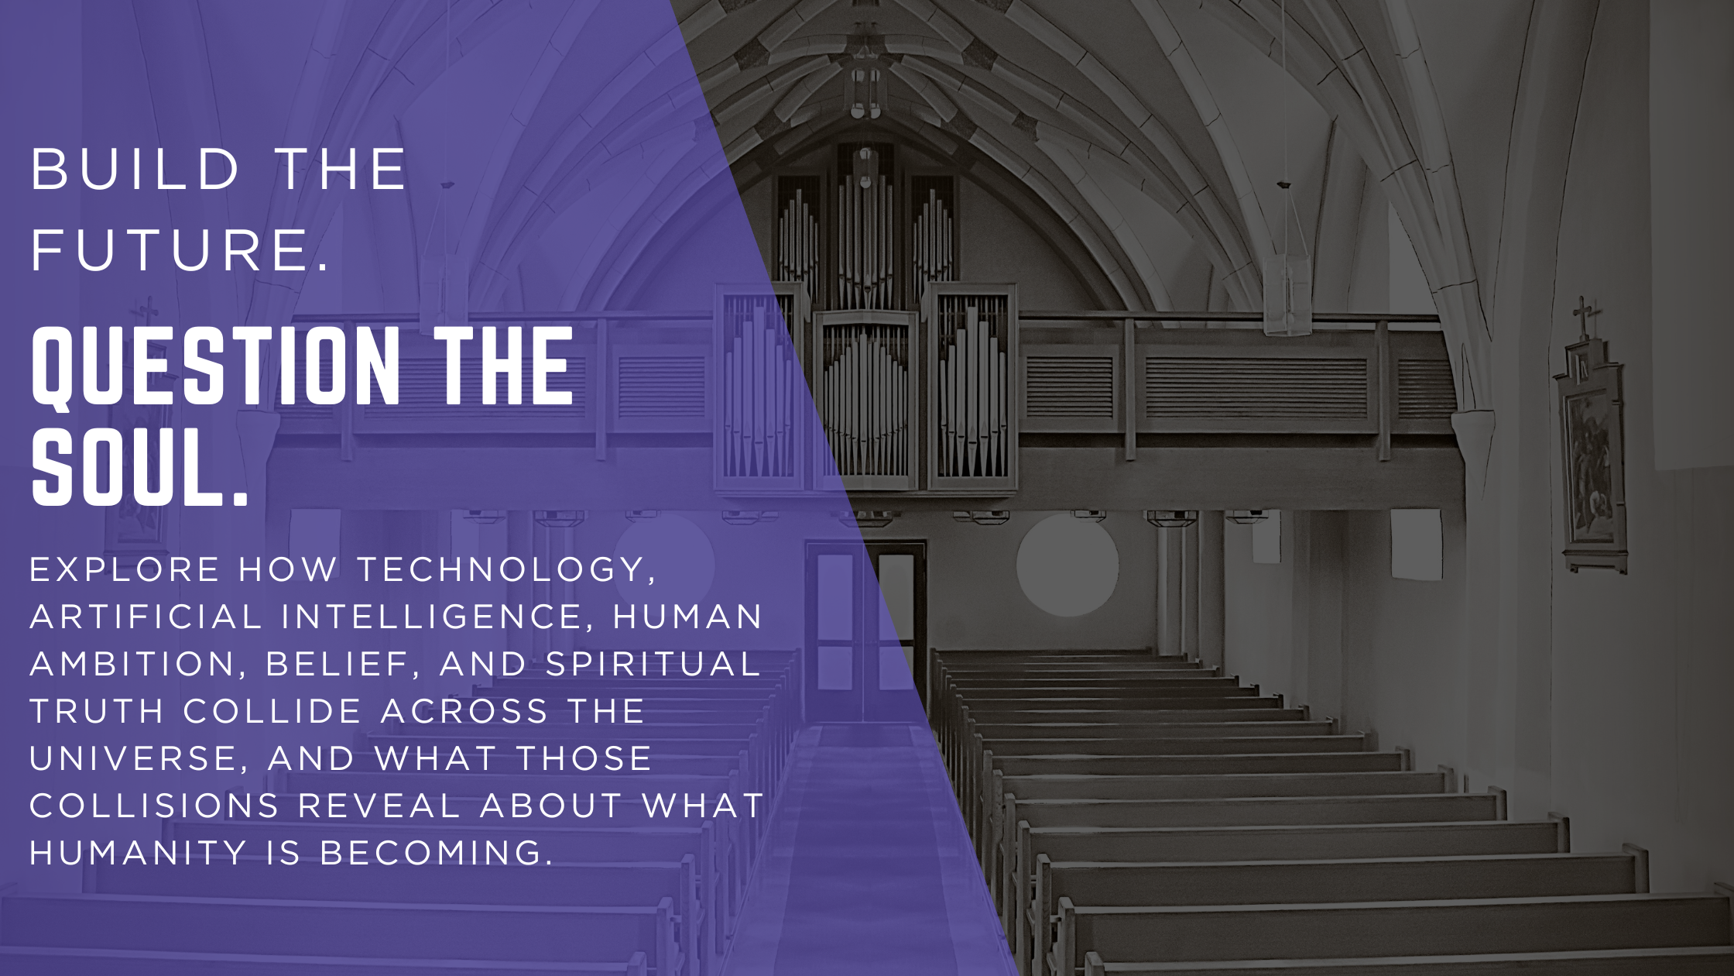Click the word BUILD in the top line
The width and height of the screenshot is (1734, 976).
(x=135, y=169)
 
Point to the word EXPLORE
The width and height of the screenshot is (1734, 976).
(x=125, y=569)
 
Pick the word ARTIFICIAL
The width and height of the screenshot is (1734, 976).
(x=146, y=617)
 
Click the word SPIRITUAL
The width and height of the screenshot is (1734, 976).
(x=653, y=664)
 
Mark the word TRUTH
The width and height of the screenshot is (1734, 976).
(x=97, y=711)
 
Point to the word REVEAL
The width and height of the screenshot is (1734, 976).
(x=379, y=806)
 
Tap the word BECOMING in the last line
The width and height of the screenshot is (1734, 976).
(x=436, y=853)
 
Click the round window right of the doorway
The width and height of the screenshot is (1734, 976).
(x=1067, y=565)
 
